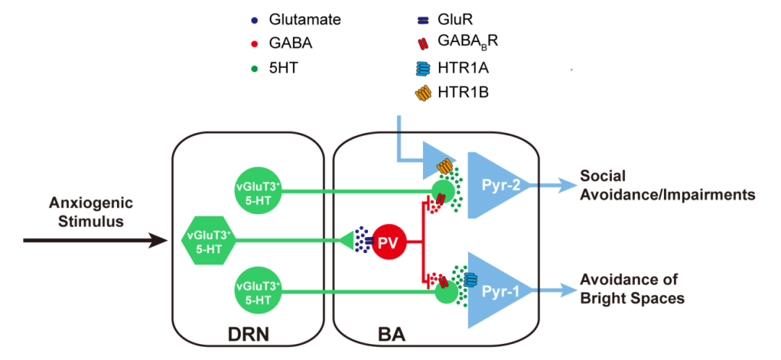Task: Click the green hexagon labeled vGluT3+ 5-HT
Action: tap(208, 241)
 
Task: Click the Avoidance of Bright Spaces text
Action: tap(631, 288)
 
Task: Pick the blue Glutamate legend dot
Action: tap(252, 21)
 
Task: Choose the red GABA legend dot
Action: tap(252, 44)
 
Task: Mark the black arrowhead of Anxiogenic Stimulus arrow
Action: tap(165, 241)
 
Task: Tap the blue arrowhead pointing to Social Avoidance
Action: tap(562, 185)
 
